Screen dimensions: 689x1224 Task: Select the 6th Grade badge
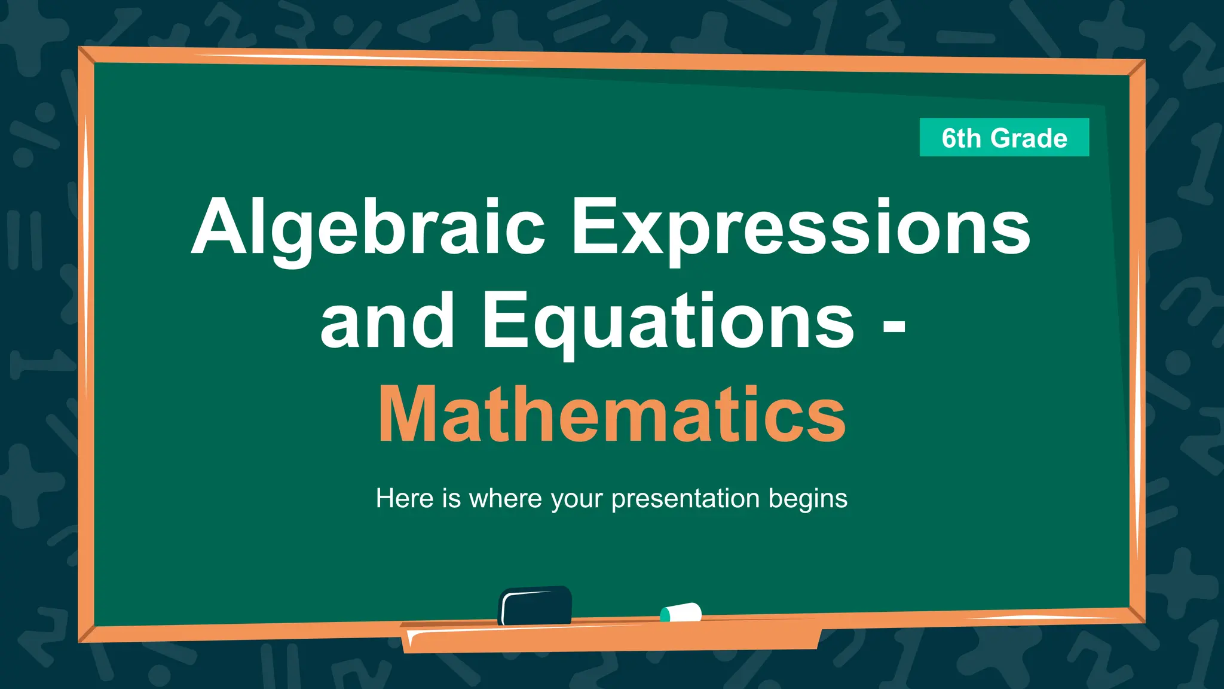click(1004, 138)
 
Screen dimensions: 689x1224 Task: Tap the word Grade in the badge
click(1029, 138)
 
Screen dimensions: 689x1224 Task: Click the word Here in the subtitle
click(405, 498)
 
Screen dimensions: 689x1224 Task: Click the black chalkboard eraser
click(535, 605)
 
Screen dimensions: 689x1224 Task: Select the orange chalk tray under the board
click(610, 636)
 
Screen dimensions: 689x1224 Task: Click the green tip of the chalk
click(665, 614)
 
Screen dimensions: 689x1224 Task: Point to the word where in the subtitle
click(505, 498)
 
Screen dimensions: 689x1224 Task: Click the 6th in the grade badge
click(961, 138)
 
